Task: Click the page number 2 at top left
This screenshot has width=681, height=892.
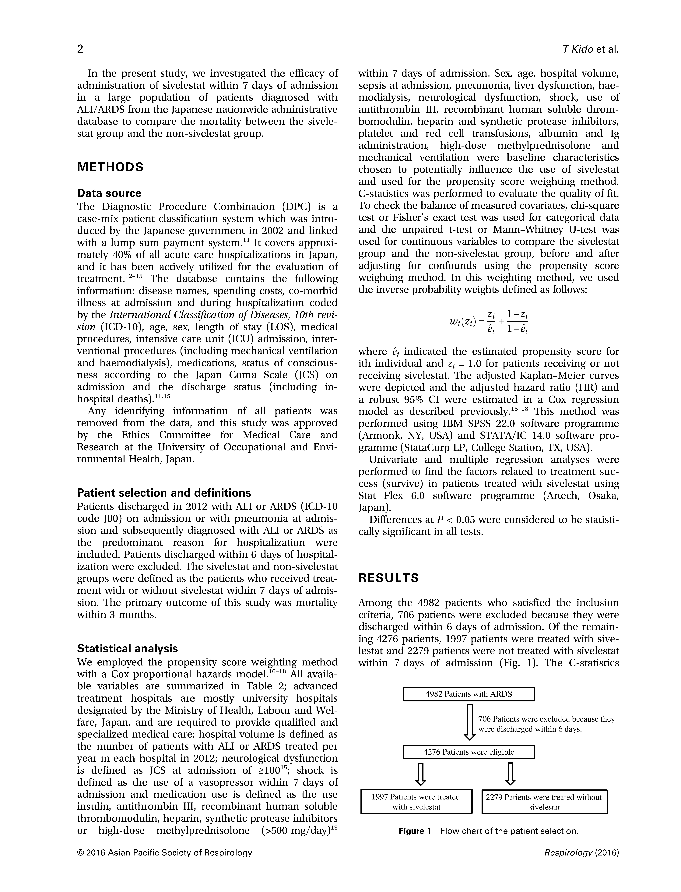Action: coord(80,49)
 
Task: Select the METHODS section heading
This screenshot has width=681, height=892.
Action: coord(110,167)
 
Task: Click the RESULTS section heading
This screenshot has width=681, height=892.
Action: coord(388,578)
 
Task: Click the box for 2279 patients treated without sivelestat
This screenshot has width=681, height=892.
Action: coord(544,802)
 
